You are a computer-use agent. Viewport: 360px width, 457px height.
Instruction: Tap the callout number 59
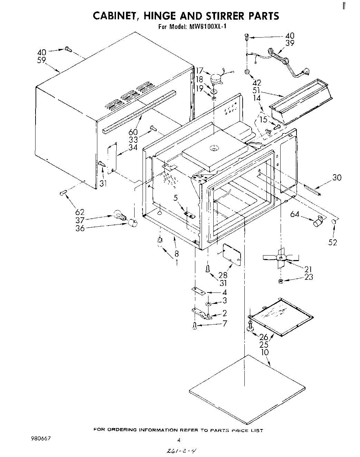(42, 60)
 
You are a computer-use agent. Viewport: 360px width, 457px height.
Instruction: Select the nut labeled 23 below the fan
(281, 281)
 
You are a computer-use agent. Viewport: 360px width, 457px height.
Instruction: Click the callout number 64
(294, 214)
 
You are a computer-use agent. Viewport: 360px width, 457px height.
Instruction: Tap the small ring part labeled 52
(334, 222)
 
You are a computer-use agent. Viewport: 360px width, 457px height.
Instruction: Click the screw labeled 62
(62, 192)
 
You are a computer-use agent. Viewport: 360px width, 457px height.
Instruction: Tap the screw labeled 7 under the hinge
(195, 325)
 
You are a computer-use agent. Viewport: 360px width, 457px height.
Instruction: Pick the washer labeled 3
(209, 304)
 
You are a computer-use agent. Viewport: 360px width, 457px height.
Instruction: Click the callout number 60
(133, 132)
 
